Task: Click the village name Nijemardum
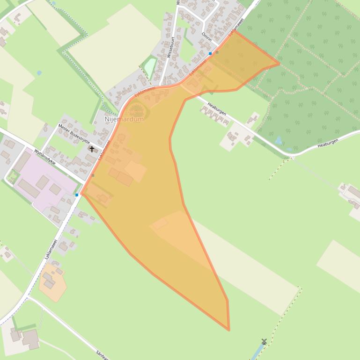[x=124, y=119]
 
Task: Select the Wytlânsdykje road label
[x=45, y=157]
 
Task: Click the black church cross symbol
[x=92, y=149]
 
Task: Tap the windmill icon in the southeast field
[x=264, y=342]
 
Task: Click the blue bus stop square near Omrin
[x=210, y=54]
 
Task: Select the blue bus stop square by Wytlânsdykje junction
[x=77, y=195]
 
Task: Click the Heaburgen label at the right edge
[x=327, y=144]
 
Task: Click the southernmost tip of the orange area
[x=229, y=330]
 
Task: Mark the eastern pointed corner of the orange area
[x=279, y=63]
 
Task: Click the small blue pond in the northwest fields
[x=39, y=73]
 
